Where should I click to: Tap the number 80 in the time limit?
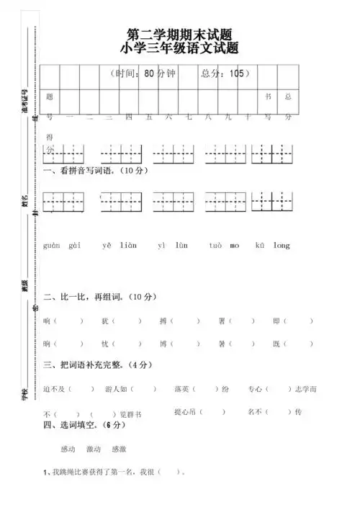149,73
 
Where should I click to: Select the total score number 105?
235,73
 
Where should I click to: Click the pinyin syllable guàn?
51,246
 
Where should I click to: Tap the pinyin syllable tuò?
215,246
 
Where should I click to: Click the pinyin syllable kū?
260,246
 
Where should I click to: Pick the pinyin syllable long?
282,246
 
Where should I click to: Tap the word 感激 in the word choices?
119,449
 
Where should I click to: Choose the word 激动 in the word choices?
94,449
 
